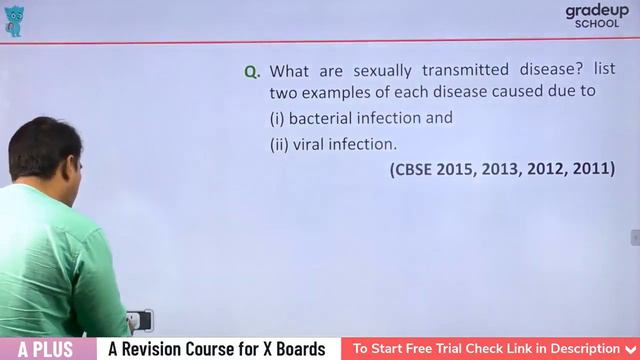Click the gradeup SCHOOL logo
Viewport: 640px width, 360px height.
597,15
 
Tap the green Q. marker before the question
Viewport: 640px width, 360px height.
252,72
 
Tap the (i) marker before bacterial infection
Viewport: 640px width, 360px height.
277,118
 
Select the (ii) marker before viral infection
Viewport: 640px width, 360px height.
279,144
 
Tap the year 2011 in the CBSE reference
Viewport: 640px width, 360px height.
592,169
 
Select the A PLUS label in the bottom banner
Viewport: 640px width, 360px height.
47,349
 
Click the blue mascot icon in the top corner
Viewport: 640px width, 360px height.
14,21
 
